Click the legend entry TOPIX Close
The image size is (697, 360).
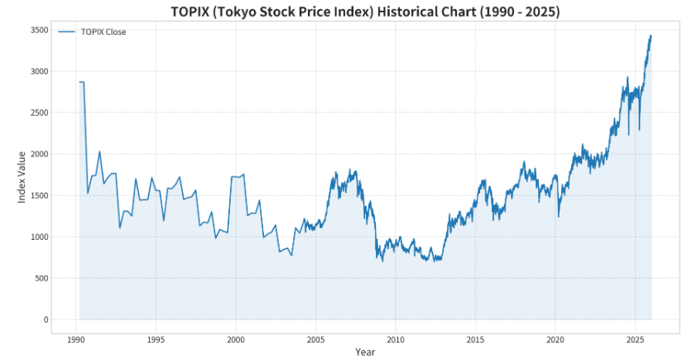tap(103, 31)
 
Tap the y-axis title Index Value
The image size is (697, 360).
tap(23, 175)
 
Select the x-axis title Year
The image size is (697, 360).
tap(365, 352)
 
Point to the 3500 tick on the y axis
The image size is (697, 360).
tap(38, 30)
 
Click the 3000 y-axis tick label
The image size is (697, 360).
tap(38, 71)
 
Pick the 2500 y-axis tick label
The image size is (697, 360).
tap(38, 113)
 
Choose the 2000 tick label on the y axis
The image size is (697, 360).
tap(38, 154)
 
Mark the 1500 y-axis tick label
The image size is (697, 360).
tap(38, 195)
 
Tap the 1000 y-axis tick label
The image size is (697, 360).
tap(38, 237)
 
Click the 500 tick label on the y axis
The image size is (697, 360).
tap(41, 278)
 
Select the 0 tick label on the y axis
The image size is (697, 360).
tap(46, 319)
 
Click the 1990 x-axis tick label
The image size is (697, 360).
tap(75, 339)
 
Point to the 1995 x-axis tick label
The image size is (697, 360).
tap(156, 339)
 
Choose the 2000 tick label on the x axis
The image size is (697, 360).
tap(236, 339)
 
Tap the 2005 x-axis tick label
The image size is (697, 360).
tap(315, 339)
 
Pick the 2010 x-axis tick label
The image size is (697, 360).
tap(396, 339)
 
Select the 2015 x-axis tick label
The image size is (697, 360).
tap(475, 339)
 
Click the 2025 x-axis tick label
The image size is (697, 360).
tap(635, 339)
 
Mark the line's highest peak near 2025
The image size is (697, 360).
tap(651, 36)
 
